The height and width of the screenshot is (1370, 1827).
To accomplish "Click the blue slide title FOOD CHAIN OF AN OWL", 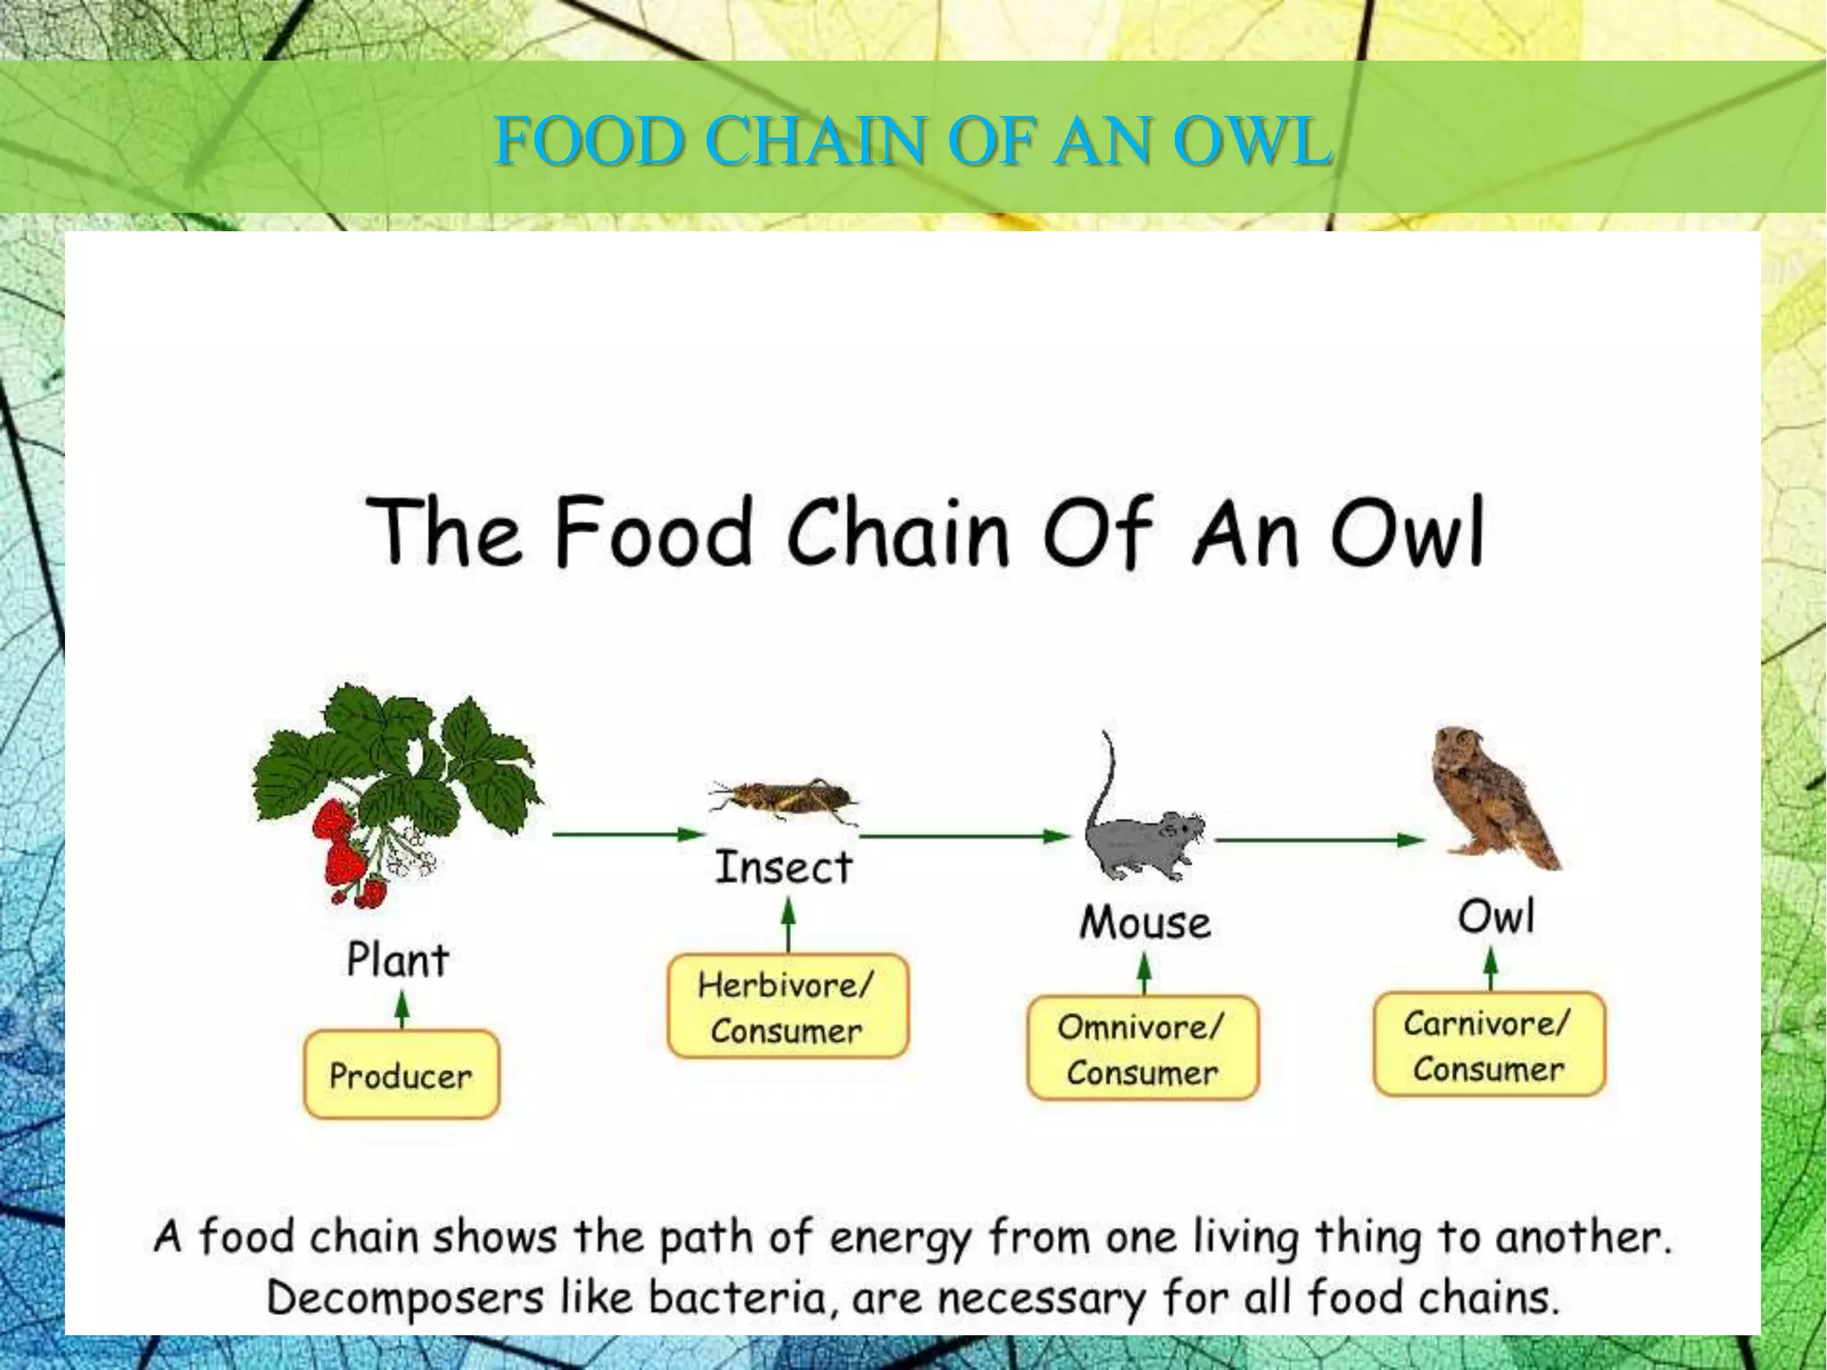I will pos(913,141).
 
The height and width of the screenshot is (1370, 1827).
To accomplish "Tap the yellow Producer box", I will pos(401,1075).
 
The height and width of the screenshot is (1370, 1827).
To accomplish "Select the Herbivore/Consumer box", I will pos(787,1007).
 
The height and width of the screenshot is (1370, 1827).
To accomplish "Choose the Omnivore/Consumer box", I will pos(1143,1049).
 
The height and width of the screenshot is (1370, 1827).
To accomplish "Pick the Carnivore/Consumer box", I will pos(1489,1045).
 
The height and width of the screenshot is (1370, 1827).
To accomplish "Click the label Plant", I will pos(398,961).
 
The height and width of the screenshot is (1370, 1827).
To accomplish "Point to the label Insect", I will pos(784,868).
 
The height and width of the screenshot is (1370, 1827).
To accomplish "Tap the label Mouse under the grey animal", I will pos(1145,922).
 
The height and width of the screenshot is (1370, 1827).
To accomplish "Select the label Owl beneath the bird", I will pos(1496,917).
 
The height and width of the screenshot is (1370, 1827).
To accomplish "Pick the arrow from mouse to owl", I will pos(1319,839).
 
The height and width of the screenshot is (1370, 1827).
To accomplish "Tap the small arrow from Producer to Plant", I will pos(402,1010).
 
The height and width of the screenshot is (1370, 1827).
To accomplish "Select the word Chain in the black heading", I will pos(897,532).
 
